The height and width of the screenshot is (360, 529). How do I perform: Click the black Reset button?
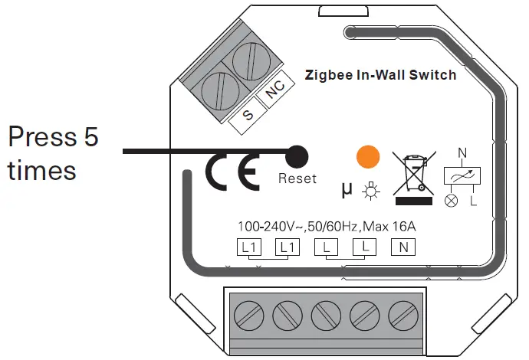pos(297,156)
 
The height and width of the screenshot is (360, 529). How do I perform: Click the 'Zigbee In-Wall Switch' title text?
pos(380,75)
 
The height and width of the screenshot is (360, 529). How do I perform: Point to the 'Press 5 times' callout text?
pos(53,153)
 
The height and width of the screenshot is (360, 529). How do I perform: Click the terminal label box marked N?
pos(403,247)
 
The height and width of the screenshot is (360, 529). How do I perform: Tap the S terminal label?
pos(248,115)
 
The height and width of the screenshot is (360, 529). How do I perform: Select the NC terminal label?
pos(274,94)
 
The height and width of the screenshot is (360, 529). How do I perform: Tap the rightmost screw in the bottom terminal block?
pos(402,315)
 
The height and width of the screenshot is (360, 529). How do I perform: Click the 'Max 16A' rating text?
pos(390,227)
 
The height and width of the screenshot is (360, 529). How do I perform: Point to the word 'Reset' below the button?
pos(297,178)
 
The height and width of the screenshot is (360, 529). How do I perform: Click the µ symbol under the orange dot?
pos(347,188)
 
